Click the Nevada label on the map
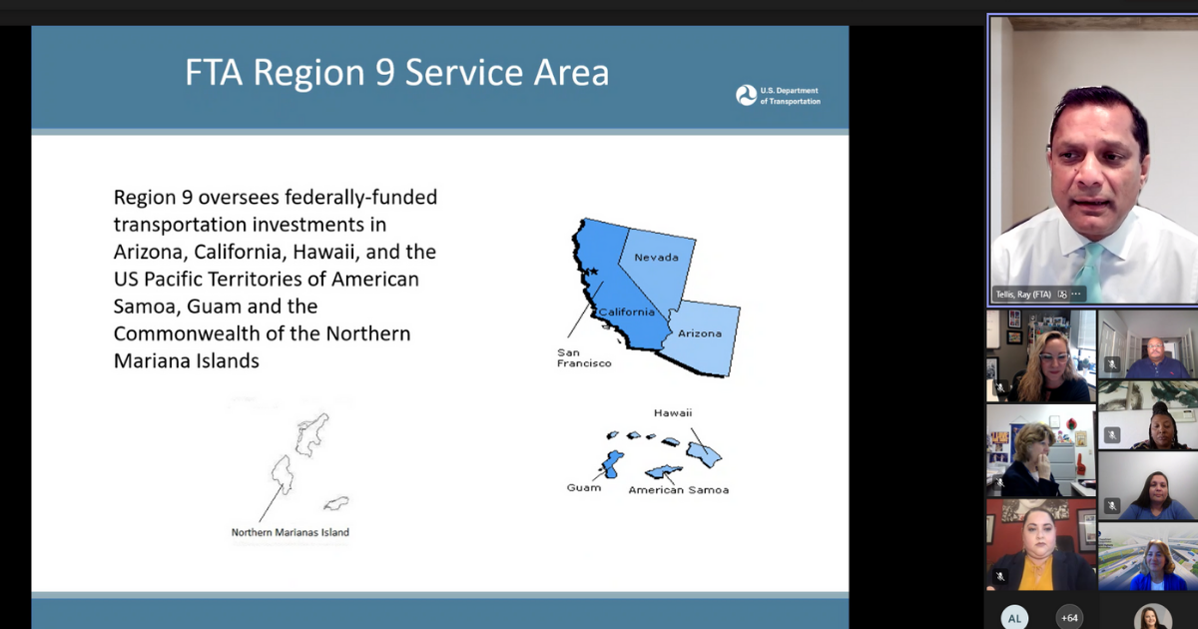coord(656,258)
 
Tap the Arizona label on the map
coord(700,333)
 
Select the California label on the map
coord(626,312)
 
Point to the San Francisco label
coord(584,357)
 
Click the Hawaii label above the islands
coord(673,413)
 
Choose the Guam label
coord(584,488)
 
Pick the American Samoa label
coord(679,490)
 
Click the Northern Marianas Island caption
coord(291,532)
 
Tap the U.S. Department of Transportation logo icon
coord(746,96)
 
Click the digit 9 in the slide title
coord(384,72)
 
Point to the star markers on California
coord(590,273)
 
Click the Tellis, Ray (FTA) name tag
coord(1023,295)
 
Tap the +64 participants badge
coord(1069,618)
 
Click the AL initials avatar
coord(1014,618)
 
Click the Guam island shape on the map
coord(611,463)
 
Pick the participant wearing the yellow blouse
coord(1040,544)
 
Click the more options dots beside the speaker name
coord(1076,295)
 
